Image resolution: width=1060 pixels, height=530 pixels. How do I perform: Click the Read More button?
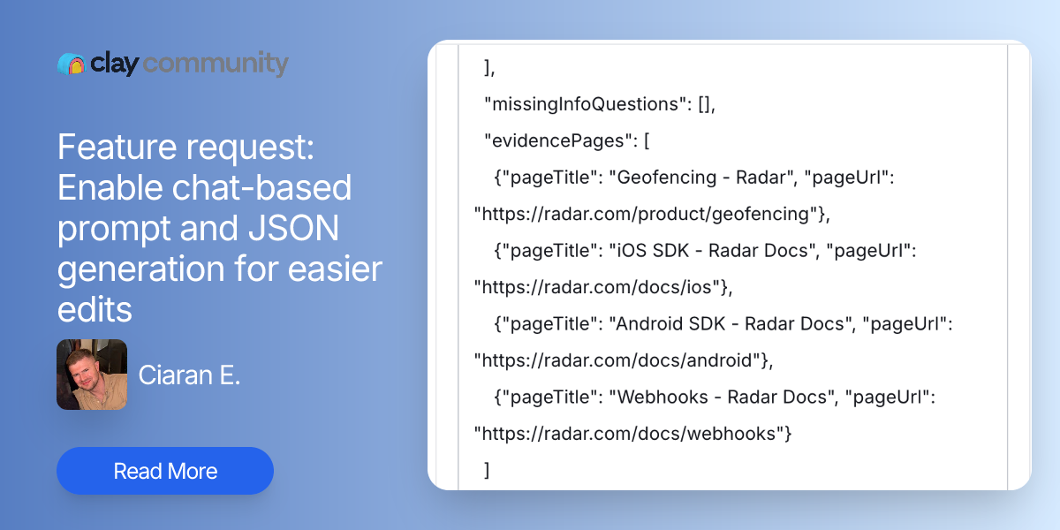(165, 471)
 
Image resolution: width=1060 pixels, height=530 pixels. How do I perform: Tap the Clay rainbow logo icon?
(71, 64)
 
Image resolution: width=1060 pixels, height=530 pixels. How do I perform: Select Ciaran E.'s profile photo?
(92, 375)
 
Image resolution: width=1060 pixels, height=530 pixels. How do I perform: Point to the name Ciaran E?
(189, 375)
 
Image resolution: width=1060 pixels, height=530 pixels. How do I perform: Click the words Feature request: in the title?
(185, 147)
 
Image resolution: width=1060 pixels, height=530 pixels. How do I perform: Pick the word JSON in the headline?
(289, 229)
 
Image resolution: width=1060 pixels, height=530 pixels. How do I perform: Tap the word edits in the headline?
(95, 309)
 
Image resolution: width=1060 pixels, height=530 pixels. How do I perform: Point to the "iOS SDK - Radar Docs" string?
(708, 251)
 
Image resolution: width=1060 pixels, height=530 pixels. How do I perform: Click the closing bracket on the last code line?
(487, 470)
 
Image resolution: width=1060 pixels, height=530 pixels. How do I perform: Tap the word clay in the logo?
(113, 64)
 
